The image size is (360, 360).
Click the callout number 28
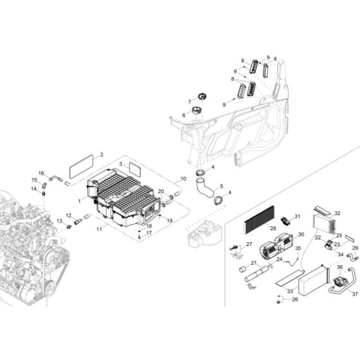click(x=273, y=228)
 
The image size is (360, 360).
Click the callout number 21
click(x=254, y=264)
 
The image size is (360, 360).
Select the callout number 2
click(x=101, y=155)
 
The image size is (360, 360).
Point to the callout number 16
click(x=40, y=173)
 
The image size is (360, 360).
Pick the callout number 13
click(x=59, y=221)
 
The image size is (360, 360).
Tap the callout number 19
click(x=170, y=221)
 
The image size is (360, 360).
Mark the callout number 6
click(x=183, y=115)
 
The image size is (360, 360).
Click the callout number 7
click(x=190, y=102)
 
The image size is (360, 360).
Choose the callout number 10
click(x=183, y=179)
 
